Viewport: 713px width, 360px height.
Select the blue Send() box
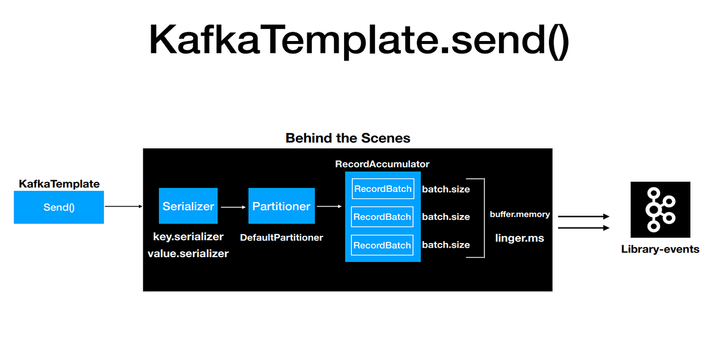coord(59,207)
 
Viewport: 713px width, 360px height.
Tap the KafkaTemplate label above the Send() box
coord(59,184)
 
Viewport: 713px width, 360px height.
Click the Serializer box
coord(188,206)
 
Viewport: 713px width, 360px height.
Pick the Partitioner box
coord(281,206)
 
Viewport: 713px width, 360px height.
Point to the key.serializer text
coord(188,236)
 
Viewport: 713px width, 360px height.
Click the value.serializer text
coord(188,253)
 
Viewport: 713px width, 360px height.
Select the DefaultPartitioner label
coord(281,238)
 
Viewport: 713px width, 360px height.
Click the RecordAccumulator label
coord(382,164)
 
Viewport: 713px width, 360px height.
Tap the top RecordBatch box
coord(383,189)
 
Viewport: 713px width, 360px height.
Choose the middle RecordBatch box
coord(383,217)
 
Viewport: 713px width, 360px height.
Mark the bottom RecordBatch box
coord(383,245)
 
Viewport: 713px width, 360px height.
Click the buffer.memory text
coord(520,214)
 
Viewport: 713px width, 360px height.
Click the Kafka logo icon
coord(660,210)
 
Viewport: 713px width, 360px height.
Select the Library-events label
coord(660,250)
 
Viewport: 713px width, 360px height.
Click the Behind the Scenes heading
coord(348,138)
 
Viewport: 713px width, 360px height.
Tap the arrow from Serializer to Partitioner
coord(232,207)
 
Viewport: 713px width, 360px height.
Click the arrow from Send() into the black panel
coord(124,207)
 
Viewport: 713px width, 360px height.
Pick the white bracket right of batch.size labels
coord(484,217)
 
